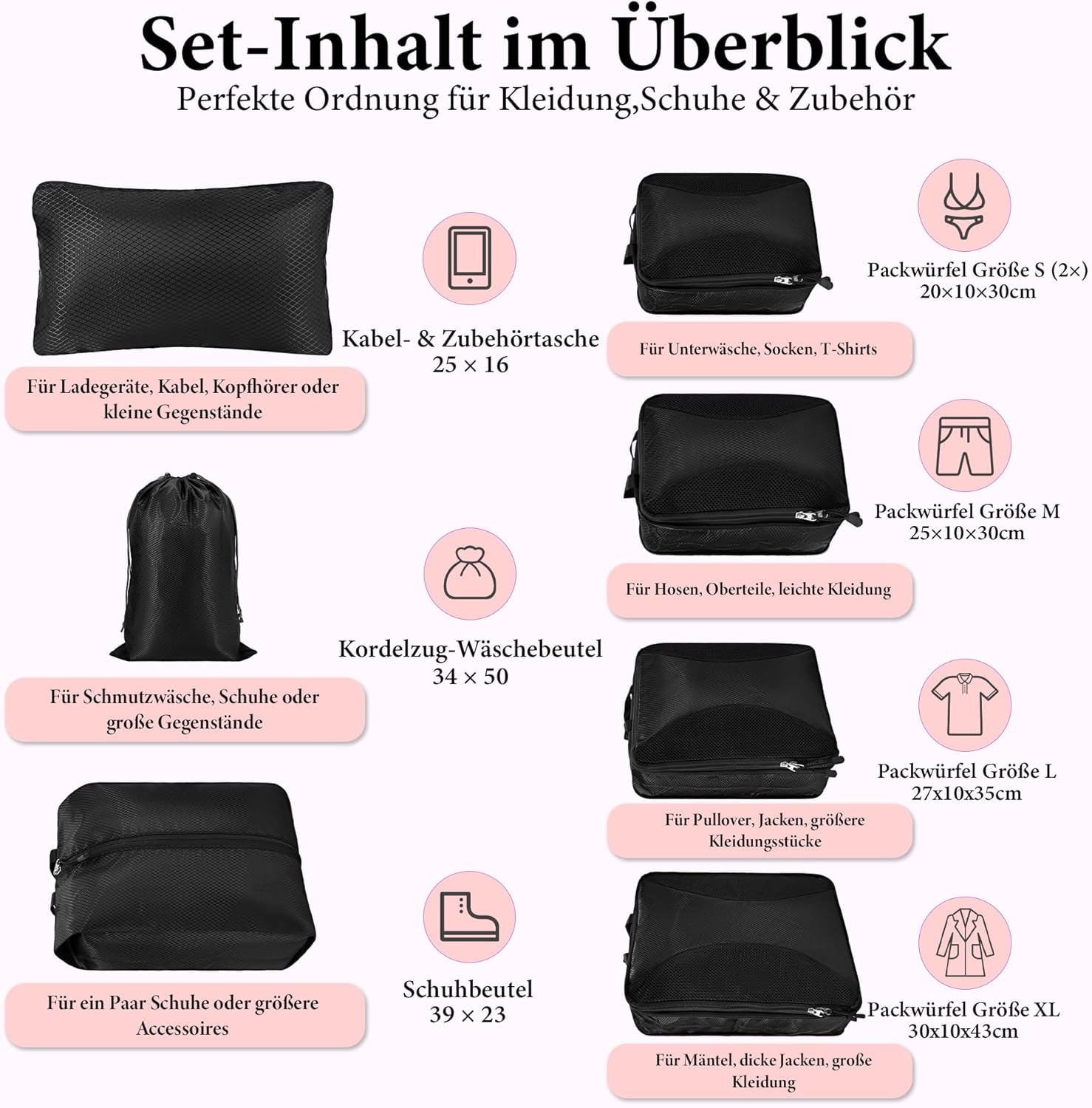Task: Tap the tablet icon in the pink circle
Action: [x=469, y=258]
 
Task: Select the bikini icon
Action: [x=964, y=206]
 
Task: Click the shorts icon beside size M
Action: [x=963, y=446]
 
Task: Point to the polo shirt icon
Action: [x=964, y=702]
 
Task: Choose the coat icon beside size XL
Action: [x=964, y=943]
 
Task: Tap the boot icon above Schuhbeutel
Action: [x=468, y=917]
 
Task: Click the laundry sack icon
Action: [x=469, y=574]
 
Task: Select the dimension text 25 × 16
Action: [x=470, y=364]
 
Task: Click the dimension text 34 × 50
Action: [x=470, y=676]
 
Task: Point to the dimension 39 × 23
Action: [x=468, y=1014]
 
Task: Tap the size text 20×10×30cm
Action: [x=977, y=291]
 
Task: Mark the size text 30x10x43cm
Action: [x=963, y=1031]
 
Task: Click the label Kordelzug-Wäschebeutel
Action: [x=470, y=649]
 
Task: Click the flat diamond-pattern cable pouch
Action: [x=182, y=267]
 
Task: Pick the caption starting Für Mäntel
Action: [x=763, y=1071]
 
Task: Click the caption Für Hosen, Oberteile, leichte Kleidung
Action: [x=758, y=589]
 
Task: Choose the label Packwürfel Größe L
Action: [x=966, y=771]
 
